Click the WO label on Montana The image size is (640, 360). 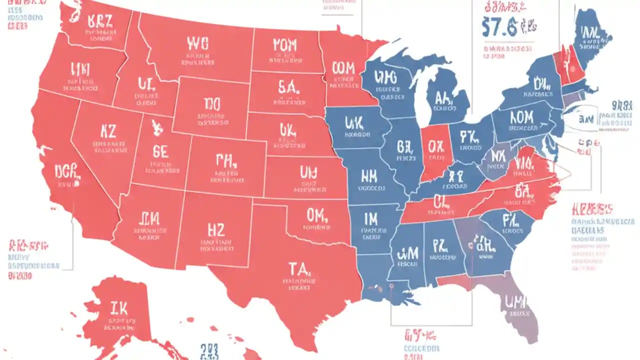click(197, 43)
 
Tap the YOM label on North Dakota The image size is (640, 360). click(285, 45)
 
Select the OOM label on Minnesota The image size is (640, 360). click(343, 68)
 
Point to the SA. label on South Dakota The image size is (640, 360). click(287, 87)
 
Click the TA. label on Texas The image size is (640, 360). click(300, 269)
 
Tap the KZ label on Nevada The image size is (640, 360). click(108, 131)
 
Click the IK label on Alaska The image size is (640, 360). click(120, 307)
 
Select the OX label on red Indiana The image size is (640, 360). click(435, 146)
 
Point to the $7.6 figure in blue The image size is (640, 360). click(500, 27)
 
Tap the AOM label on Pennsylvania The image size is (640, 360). click(522, 118)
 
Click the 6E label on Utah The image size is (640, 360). click(160, 152)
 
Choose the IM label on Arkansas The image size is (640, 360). click(371, 218)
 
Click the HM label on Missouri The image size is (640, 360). click(368, 175)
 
